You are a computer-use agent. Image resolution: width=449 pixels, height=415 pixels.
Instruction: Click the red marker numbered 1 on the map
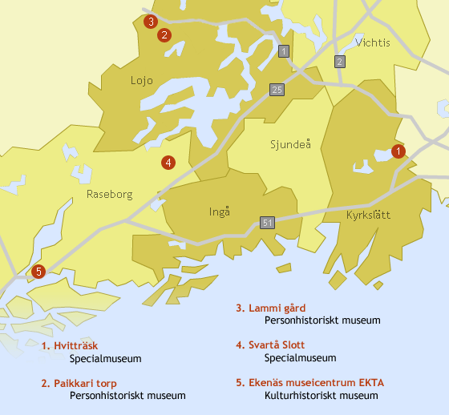tap(398, 151)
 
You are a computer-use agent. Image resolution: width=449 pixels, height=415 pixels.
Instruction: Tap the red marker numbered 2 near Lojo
tap(164, 34)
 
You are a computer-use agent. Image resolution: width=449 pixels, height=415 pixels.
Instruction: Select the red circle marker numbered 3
tap(150, 22)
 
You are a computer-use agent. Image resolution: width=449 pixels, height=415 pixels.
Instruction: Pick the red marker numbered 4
tap(168, 163)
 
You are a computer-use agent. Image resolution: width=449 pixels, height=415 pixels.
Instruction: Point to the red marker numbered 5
tap(38, 272)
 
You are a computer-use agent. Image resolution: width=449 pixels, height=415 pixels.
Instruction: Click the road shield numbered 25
tap(277, 90)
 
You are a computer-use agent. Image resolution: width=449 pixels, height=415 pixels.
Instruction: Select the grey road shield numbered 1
tap(283, 52)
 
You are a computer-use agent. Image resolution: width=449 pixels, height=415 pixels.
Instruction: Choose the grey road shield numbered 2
tap(340, 62)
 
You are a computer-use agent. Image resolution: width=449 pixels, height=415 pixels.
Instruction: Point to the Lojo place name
tap(142, 80)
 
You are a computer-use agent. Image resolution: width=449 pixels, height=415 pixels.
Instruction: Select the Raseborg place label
tap(108, 194)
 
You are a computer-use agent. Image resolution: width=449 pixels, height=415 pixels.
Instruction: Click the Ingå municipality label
tap(219, 212)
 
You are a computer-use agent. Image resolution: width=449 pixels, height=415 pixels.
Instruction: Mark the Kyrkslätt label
tap(367, 216)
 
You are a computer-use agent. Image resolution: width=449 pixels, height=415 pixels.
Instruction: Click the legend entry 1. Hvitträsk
tap(70, 346)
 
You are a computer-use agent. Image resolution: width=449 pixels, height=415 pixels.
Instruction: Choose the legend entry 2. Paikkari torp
tap(79, 384)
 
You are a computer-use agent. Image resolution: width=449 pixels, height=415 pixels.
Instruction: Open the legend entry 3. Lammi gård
tap(270, 308)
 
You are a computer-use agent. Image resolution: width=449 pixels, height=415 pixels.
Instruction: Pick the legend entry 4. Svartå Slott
tap(270, 345)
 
